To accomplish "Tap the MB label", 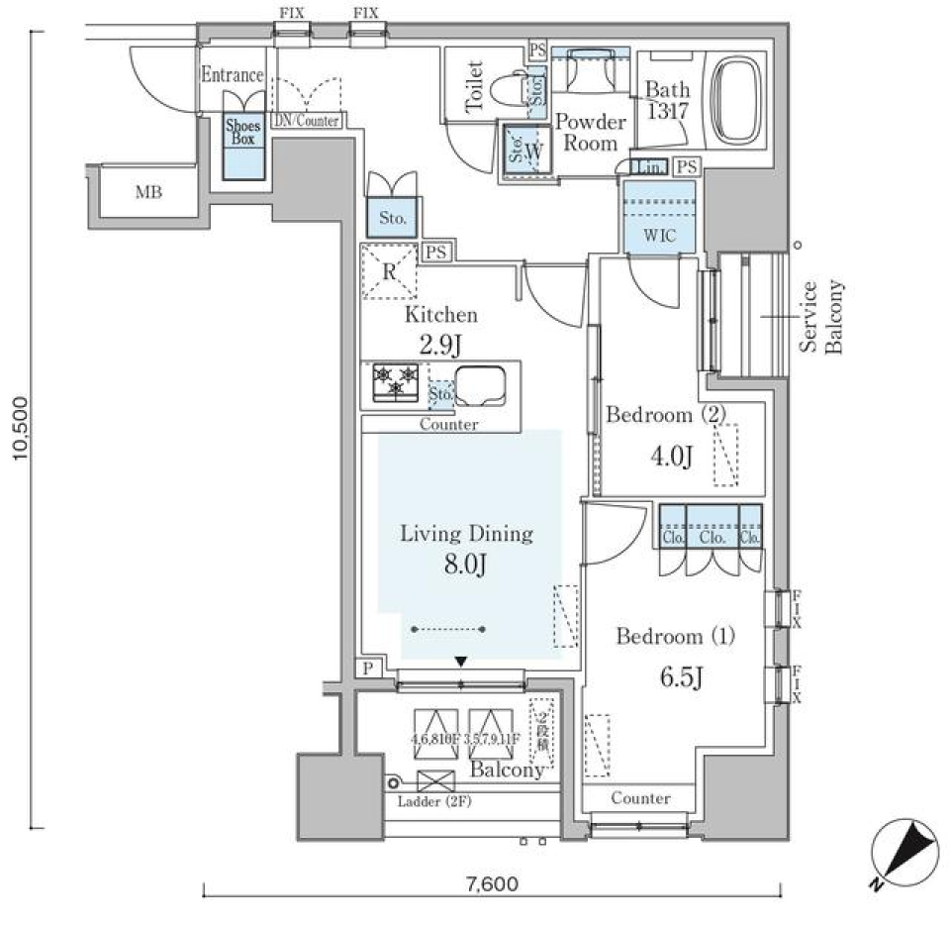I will pyautogui.click(x=149, y=192).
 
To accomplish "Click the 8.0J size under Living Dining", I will pyautogui.click(x=465, y=566).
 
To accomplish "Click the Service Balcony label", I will pyautogui.click(x=820, y=317).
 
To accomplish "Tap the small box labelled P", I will pyautogui.click(x=368, y=669).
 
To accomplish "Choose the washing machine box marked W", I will pyautogui.click(x=528, y=151).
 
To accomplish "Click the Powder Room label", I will pyautogui.click(x=590, y=133).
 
